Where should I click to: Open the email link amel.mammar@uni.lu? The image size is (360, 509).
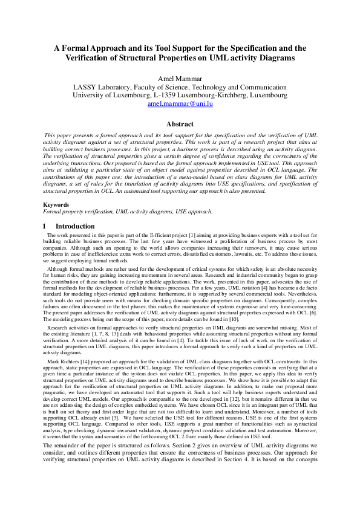pos(180,103)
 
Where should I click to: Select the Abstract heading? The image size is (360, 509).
pos(180,124)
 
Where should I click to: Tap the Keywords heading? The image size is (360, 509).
pos(56,206)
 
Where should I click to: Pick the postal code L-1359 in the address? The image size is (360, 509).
pos(166,95)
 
